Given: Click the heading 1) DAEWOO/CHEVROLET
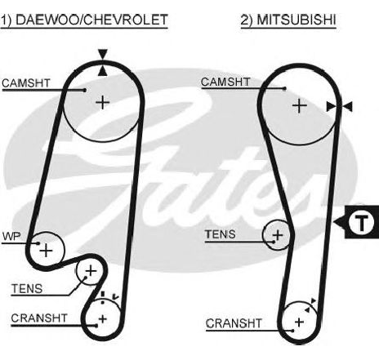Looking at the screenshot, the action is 84,20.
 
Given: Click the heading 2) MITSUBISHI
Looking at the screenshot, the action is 288,20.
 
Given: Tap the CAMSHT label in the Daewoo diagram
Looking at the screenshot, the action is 26,83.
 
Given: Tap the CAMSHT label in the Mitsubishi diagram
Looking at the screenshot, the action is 225,82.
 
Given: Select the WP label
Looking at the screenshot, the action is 11,236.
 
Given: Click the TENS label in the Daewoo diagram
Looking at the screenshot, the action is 27,288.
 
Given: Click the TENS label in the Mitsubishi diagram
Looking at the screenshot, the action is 221,234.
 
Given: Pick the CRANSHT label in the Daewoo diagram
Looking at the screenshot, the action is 39,318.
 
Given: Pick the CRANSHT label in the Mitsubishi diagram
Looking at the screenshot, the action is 234,323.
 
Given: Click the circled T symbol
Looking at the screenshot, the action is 362,223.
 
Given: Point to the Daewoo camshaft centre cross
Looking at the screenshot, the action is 103,103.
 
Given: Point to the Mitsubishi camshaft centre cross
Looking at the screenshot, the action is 300,106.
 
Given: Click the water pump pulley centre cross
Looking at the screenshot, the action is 47,251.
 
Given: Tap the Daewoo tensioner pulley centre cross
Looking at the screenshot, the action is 91,271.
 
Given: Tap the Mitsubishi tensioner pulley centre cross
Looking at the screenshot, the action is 278,235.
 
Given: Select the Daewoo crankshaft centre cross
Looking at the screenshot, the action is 103,319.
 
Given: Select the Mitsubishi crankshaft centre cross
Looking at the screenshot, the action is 299,322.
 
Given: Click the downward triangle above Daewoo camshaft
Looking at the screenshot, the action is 103,54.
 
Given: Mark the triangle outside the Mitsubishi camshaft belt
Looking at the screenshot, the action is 347,106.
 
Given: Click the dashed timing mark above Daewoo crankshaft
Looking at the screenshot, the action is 103,298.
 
